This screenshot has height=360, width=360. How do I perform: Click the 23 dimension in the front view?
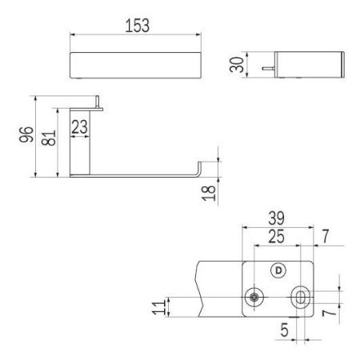80,126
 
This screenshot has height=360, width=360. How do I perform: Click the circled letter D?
278,270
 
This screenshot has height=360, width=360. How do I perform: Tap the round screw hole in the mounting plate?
254,297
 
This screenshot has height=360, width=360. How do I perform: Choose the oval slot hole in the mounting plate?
301,297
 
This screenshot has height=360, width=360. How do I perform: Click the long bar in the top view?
135,63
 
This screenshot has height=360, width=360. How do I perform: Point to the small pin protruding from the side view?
264,70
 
